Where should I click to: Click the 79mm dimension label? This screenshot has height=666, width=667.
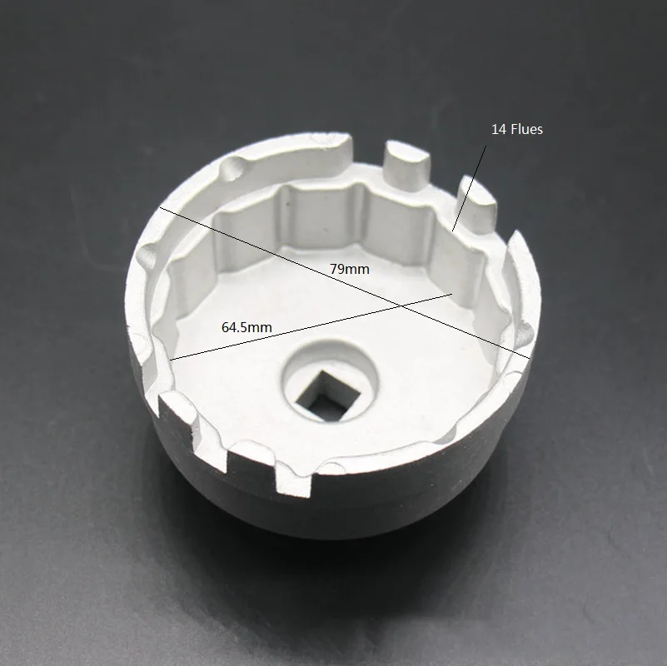coord(349,269)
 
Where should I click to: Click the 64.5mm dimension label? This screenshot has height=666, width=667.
coord(246,327)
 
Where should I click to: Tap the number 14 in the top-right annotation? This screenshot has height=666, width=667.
coord(498,129)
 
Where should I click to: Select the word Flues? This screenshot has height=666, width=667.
coord(525,129)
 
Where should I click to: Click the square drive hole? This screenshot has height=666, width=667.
coord(328,396)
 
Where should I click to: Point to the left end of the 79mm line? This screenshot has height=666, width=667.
coord(161,207)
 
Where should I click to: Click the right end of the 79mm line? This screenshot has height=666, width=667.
coord(530,358)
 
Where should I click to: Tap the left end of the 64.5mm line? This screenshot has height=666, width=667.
coord(171,360)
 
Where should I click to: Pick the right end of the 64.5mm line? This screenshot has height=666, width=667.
coord(452,293)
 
